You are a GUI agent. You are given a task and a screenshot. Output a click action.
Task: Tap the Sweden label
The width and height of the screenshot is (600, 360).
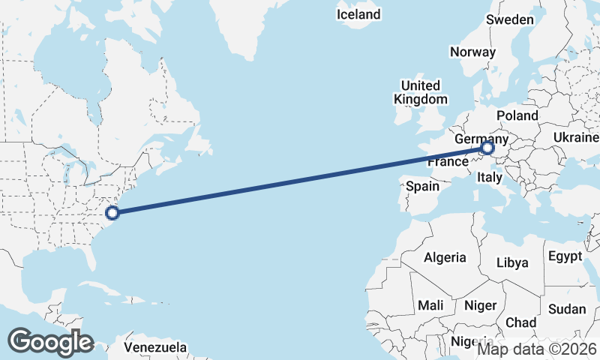510,19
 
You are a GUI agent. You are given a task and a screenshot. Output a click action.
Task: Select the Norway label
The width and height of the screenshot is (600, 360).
472,52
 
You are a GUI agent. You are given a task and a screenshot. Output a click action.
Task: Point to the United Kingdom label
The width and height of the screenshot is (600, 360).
420,92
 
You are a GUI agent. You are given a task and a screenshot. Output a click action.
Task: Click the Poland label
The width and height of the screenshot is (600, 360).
517,115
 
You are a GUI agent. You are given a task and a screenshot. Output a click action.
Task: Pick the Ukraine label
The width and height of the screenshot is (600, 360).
576,137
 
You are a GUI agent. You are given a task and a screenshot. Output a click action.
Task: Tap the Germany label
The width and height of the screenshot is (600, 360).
481,139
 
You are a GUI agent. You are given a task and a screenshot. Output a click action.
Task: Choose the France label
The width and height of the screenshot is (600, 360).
448,161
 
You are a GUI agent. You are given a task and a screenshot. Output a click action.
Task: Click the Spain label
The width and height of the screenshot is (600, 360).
423,185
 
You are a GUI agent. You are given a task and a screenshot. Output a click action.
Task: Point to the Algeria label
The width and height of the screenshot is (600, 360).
445,257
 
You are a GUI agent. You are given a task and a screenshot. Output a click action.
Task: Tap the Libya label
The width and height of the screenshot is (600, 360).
513,262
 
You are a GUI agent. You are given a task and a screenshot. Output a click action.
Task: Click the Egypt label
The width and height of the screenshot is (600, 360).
565,256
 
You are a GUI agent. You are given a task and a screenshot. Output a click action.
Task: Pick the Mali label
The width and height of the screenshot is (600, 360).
430,305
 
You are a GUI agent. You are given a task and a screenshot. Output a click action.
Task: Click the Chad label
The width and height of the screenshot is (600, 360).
521,322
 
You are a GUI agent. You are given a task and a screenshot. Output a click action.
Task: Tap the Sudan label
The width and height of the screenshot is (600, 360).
567,309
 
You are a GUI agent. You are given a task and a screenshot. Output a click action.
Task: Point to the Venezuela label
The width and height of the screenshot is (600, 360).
154,347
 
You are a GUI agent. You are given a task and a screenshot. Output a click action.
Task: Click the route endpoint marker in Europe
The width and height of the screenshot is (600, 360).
487,148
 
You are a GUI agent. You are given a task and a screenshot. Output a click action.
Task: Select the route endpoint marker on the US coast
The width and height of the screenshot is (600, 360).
112,212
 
